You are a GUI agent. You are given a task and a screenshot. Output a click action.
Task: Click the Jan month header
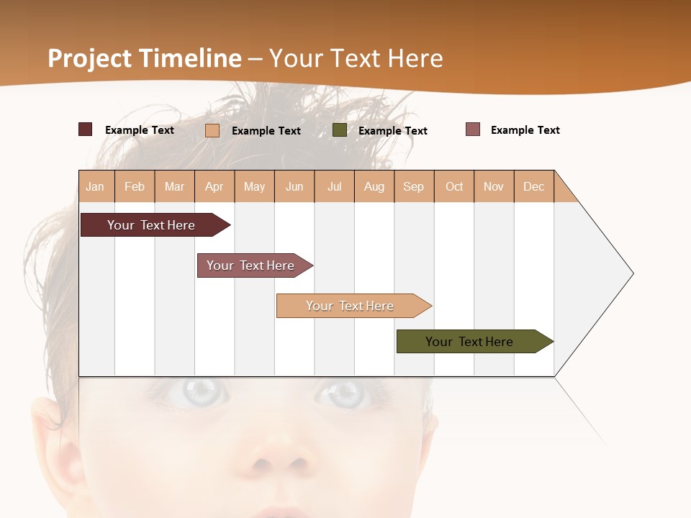click(x=95, y=187)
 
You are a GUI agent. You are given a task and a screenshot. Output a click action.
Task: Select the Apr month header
click(x=214, y=187)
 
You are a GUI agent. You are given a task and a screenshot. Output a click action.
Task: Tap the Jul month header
click(x=334, y=187)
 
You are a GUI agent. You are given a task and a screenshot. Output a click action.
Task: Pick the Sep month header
click(x=413, y=187)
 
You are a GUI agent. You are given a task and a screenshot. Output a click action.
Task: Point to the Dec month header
click(x=533, y=187)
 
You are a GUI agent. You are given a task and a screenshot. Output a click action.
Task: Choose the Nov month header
click(x=493, y=187)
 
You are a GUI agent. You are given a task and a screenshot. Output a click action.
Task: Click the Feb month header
click(x=135, y=187)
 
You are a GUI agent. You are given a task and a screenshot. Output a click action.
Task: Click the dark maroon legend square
click(x=85, y=129)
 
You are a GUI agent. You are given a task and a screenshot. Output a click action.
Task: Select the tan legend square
click(x=212, y=130)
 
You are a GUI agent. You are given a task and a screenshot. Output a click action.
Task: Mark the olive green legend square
click(x=340, y=129)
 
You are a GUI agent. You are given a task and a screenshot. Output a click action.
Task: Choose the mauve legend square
click(x=473, y=129)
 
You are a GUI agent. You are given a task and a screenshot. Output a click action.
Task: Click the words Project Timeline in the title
click(x=145, y=58)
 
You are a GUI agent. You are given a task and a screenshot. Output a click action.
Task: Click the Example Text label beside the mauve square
click(x=525, y=130)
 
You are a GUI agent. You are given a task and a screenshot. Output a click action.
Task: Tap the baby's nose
click(x=277, y=460)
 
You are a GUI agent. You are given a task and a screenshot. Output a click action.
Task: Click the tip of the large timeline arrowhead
click(x=632, y=273)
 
